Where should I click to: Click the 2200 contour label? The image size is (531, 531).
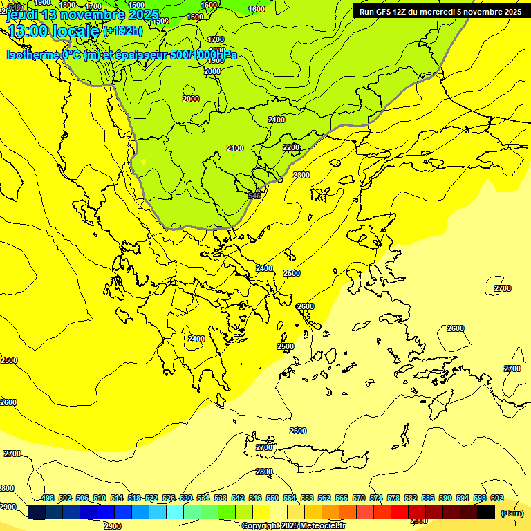coord(291,147)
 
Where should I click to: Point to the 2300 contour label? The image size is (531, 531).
coord(301,175)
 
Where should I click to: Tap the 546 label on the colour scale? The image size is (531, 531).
coord(255,499)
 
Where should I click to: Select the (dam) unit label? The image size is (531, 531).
coord(512,513)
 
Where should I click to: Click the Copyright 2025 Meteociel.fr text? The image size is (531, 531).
coord(294,526)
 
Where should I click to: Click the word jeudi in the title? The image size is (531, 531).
coord(23,15)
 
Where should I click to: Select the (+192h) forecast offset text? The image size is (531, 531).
coord(122,31)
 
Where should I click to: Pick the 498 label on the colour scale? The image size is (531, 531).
coord(48,499)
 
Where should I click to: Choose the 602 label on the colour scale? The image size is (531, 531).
coord(497,499)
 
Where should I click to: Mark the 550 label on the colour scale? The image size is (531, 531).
coord(272,499)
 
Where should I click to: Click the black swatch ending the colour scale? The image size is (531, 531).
coord(486,512)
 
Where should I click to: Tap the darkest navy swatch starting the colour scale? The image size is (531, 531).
coord(37,512)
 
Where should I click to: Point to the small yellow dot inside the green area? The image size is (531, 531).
coord(144,162)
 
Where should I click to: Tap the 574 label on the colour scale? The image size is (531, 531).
coord(376,499)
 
